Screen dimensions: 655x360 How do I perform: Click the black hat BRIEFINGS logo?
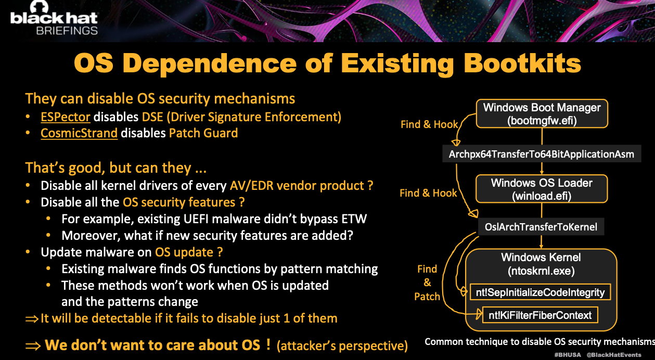tap(54, 18)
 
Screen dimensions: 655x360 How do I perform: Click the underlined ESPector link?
tap(65, 117)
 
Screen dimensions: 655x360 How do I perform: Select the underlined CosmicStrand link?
tap(79, 133)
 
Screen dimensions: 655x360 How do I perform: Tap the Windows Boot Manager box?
tap(542, 113)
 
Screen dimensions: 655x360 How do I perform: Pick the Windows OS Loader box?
tap(542, 189)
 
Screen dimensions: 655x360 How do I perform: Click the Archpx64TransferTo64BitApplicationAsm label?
tap(542, 154)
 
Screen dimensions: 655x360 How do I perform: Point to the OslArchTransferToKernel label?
tap(541, 227)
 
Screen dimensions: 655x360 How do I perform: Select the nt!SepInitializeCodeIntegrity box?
tap(540, 292)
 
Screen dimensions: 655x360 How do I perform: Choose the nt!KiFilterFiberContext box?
tap(540, 315)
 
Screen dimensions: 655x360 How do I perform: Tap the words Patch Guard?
tap(203, 133)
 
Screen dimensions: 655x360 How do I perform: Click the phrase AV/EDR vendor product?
tap(301, 186)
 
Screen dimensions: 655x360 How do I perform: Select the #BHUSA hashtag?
tap(568, 355)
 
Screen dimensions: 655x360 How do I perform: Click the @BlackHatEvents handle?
tap(614, 355)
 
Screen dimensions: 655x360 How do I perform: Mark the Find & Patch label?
tap(427, 282)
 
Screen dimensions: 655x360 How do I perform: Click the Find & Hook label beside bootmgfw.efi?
tap(429, 124)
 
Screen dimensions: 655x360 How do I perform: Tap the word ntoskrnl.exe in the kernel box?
tap(541, 271)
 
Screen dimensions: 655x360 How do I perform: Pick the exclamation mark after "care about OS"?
tap(268, 344)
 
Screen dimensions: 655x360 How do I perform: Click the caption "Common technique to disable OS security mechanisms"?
tap(540, 342)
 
